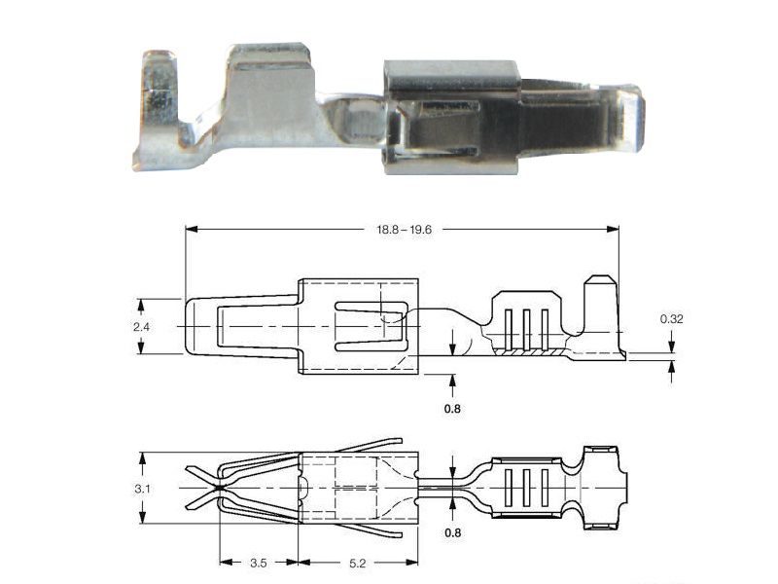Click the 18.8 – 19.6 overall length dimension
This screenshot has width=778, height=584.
404,230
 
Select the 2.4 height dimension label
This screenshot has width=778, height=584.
141,327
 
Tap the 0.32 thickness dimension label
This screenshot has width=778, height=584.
671,319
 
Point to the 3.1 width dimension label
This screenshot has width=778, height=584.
142,489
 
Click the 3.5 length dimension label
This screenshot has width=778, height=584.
258,563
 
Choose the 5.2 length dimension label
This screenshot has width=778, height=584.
357,563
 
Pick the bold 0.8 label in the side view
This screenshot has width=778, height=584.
452,409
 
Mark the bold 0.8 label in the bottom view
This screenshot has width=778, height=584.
452,532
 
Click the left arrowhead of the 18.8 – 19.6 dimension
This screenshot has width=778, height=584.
192,230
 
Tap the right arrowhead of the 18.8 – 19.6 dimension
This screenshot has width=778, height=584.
613,230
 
